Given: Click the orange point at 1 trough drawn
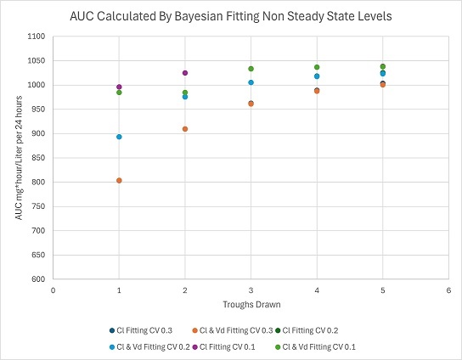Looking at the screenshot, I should click(119, 180).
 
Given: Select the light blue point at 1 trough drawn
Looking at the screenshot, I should click(119, 137).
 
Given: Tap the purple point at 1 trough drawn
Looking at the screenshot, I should click(119, 87).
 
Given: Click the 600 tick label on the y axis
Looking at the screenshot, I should click(37, 279).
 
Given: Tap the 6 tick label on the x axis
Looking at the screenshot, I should click(448, 290).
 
